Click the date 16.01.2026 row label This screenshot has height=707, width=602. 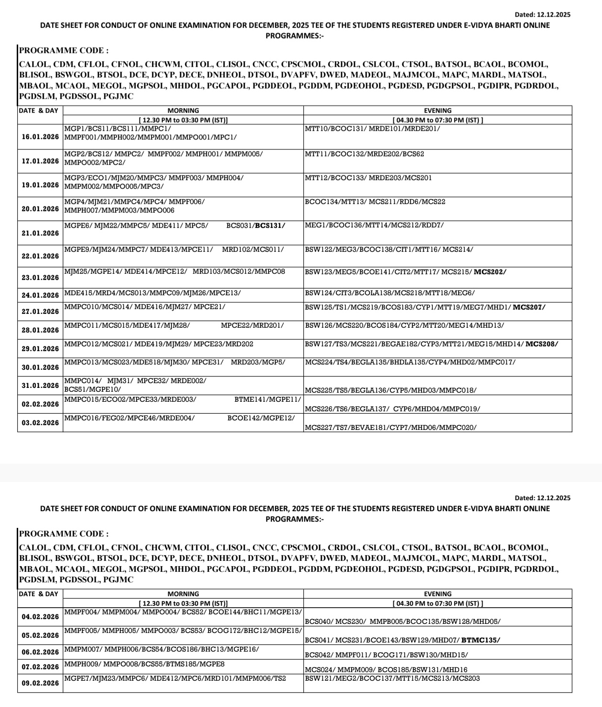coord(41,137)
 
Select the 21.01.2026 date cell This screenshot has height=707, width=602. coord(41,233)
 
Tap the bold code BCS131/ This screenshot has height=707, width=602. coord(270,225)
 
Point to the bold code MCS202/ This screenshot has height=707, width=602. coord(490,272)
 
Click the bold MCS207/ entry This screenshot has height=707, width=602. coord(529,307)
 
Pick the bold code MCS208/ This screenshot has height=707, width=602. coord(541,344)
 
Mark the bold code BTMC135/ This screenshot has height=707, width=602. coord(481,641)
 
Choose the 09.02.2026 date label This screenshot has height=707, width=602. coord(41,683)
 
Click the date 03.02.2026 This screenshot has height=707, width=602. coord(41,423)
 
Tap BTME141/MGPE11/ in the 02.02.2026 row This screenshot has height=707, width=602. coord(268,399)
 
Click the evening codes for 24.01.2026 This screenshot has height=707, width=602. coord(390,293)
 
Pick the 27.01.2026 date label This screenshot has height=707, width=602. coord(41,311)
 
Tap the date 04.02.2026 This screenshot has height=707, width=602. coord(41,617)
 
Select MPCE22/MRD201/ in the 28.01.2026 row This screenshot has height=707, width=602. coord(252,325)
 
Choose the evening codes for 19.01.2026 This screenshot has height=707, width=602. coord(368,178)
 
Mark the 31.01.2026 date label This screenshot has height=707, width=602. coord(41,386)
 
